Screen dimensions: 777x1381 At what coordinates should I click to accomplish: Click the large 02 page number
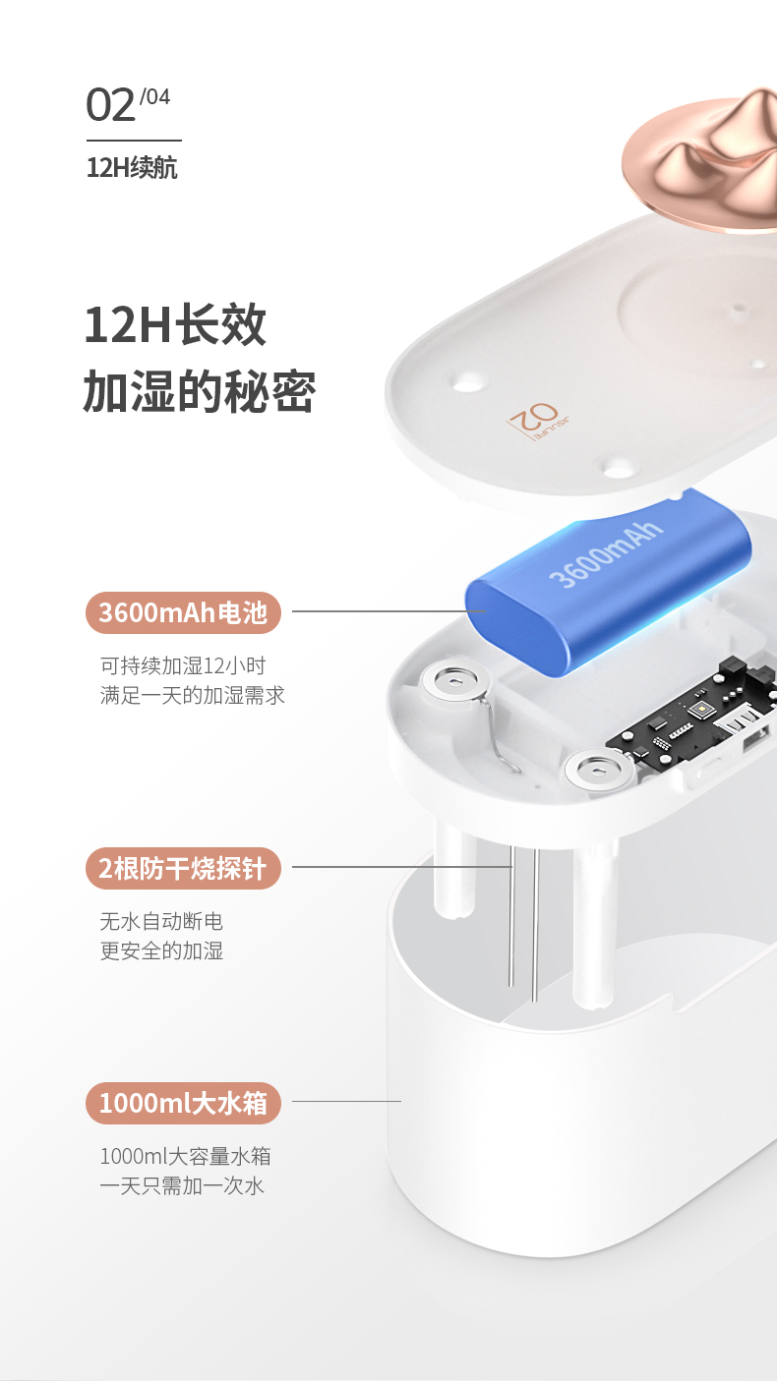pyautogui.click(x=110, y=105)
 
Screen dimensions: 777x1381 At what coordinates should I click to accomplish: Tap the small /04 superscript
pyautogui.click(x=154, y=96)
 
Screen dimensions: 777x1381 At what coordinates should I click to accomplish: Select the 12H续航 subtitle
pyautogui.click(x=132, y=168)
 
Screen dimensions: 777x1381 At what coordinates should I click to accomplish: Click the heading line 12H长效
pyautogui.click(x=175, y=325)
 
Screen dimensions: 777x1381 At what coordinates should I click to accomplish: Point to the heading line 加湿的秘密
pyautogui.click(x=200, y=391)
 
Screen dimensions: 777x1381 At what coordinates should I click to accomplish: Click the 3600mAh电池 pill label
pyautogui.click(x=183, y=612)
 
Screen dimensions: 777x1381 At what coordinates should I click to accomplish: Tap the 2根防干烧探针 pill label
pyautogui.click(x=183, y=868)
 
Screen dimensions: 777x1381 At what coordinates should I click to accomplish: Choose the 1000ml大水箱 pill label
pyautogui.click(x=183, y=1103)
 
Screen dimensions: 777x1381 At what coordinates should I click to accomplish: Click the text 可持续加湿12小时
pyautogui.click(x=183, y=665)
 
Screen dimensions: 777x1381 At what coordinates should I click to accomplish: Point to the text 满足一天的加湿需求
pyautogui.click(x=193, y=696)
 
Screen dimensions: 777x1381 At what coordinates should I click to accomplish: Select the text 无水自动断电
pyautogui.click(x=161, y=921)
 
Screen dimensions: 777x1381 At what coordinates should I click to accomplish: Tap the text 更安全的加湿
pyautogui.click(x=161, y=950)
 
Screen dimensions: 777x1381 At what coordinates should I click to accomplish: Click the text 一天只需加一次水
pyautogui.click(x=182, y=1185)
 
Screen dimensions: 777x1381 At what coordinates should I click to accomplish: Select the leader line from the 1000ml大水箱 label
pyautogui.click(x=346, y=1101)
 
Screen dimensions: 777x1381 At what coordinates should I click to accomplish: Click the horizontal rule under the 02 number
pyautogui.click(x=134, y=141)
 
